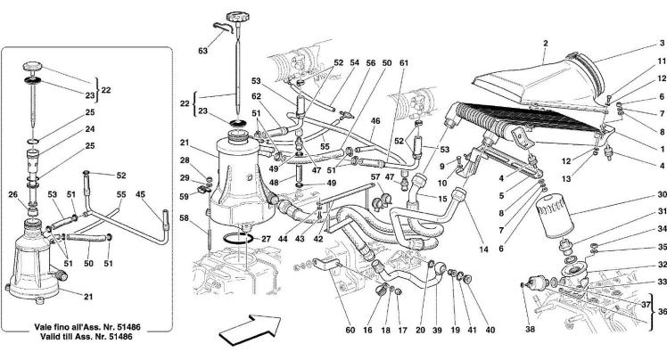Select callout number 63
click(x=203, y=52)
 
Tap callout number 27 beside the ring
click(x=266, y=239)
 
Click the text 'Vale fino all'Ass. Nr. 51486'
click(x=85, y=328)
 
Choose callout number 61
click(x=403, y=62)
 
